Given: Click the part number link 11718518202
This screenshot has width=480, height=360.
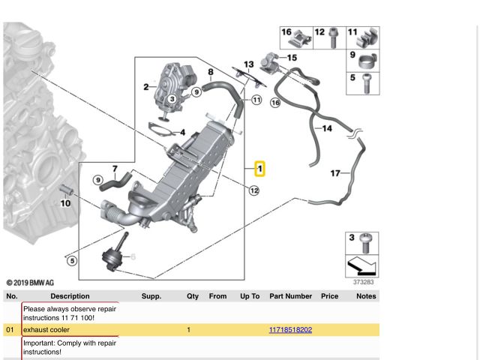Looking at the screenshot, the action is (290, 330).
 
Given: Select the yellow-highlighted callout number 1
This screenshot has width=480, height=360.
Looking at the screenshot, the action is (260, 169).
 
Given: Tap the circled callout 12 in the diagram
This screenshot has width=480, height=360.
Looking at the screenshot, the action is (254, 190).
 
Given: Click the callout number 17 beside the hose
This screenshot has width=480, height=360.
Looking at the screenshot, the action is (335, 173).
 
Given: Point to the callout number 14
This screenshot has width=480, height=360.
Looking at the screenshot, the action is (327, 128).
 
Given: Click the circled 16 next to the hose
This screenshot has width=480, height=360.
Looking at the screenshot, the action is (275, 103).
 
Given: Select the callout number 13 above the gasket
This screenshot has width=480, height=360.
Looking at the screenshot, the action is (248, 64).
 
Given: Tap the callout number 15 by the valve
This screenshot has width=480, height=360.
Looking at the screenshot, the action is (292, 58).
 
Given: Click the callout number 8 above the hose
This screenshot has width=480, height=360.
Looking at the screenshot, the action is (211, 72).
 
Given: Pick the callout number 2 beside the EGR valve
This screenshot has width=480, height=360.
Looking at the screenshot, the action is (146, 87).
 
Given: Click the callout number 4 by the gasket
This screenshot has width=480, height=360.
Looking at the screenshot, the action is (183, 132).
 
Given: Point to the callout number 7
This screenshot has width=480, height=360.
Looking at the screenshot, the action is (115, 169).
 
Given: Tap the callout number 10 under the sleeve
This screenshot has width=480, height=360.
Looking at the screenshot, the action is (65, 203).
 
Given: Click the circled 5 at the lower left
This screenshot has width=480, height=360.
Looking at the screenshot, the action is (72, 261).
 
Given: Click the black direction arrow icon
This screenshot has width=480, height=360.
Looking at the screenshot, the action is (361, 266).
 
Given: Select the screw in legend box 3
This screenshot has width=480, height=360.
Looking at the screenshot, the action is (365, 243).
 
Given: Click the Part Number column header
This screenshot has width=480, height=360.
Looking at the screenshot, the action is (290, 296).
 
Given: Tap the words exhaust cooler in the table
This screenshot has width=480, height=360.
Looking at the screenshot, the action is (46, 330).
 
